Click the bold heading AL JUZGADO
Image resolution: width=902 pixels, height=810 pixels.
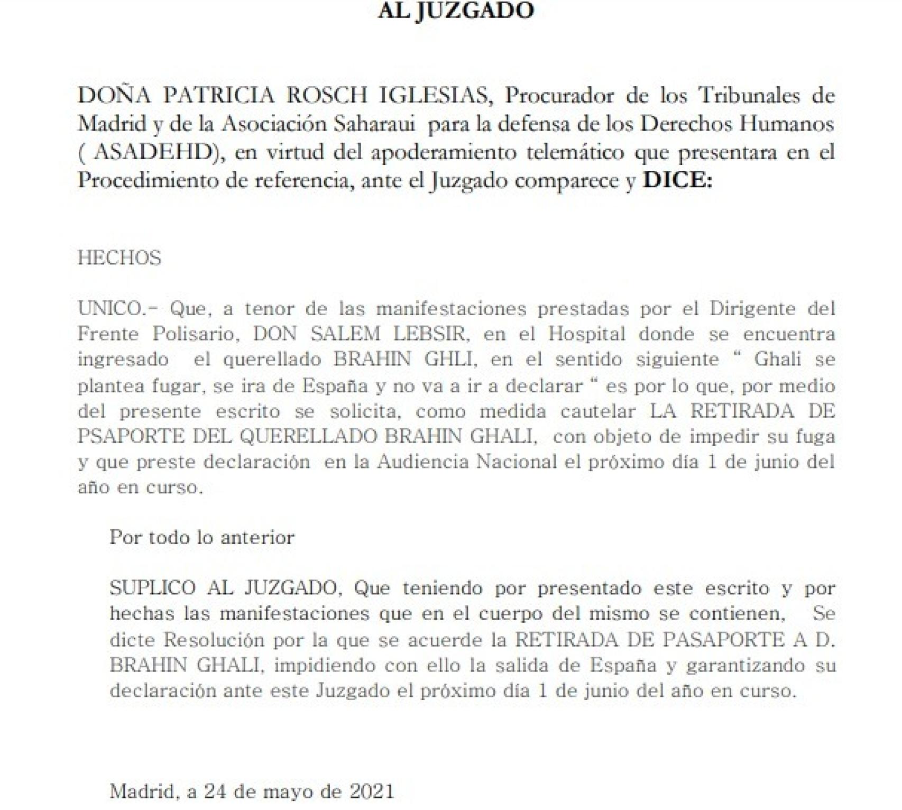(x=455, y=11)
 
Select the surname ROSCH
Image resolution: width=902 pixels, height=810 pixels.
(x=327, y=96)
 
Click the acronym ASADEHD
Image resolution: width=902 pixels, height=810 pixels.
(x=153, y=152)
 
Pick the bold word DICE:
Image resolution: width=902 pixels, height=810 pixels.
(x=677, y=181)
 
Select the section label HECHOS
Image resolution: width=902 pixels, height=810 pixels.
(x=119, y=258)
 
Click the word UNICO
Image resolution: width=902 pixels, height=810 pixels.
(x=110, y=308)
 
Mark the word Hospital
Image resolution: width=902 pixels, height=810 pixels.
(x=586, y=334)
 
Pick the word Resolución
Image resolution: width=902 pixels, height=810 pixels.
(x=213, y=640)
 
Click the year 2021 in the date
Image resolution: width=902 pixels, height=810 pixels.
(x=372, y=791)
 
